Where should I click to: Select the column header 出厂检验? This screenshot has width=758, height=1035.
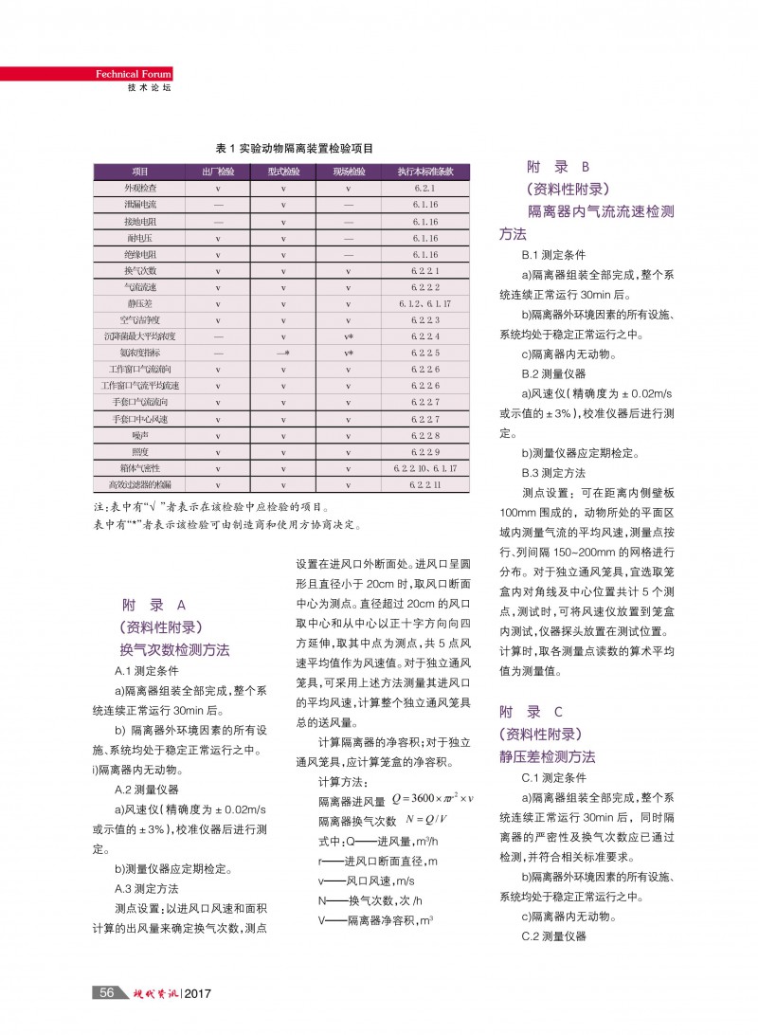click(x=218, y=172)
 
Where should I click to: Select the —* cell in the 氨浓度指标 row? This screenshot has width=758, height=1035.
click(x=283, y=353)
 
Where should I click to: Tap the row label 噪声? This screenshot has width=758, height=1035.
click(x=140, y=435)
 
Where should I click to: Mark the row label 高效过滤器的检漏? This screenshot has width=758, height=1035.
click(x=140, y=484)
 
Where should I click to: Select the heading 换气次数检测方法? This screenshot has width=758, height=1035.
click(x=174, y=650)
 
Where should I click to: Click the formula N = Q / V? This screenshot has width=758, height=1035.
click(x=425, y=820)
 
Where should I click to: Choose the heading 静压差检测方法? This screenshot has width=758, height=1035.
click(x=548, y=756)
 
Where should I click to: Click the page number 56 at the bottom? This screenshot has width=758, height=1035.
click(x=107, y=992)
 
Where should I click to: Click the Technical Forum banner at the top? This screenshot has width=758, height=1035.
click(x=133, y=75)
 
